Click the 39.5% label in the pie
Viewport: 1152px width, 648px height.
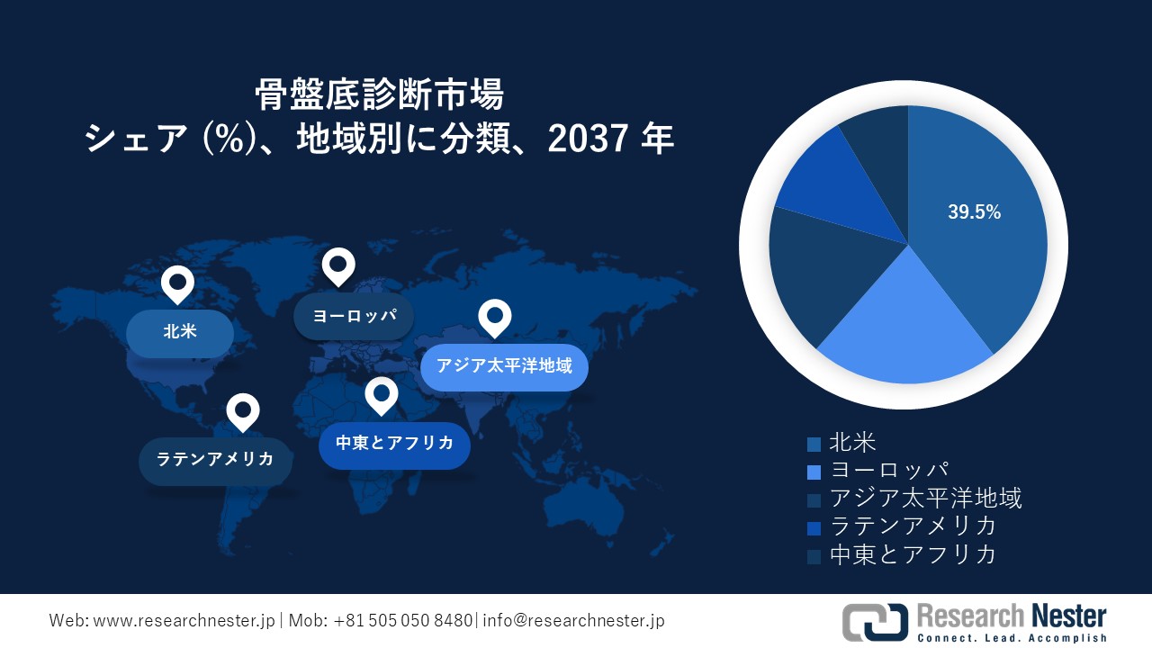tap(974, 212)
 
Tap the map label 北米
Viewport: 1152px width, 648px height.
tap(180, 332)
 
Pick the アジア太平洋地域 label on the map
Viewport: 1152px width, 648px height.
tap(504, 366)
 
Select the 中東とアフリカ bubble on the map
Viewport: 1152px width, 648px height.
tap(394, 444)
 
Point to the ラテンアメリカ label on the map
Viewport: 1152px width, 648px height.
tap(215, 460)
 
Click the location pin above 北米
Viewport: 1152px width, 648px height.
tap(177, 285)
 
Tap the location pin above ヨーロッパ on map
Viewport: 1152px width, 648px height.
tap(338, 265)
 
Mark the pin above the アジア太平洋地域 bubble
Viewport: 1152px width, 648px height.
tap(494, 317)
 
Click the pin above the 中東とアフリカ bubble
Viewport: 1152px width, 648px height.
tap(382, 395)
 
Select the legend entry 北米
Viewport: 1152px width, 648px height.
tap(851, 443)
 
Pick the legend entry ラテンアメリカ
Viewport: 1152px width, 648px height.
tap(913, 526)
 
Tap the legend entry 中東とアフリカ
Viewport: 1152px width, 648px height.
tap(913, 553)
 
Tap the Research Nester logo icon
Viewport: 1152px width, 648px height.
tap(874, 622)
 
